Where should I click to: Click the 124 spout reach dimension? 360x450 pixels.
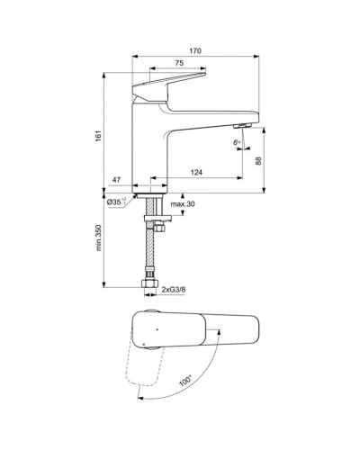point(194,172)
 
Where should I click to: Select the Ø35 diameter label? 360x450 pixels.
point(117,202)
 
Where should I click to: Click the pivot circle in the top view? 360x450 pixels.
point(149,329)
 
